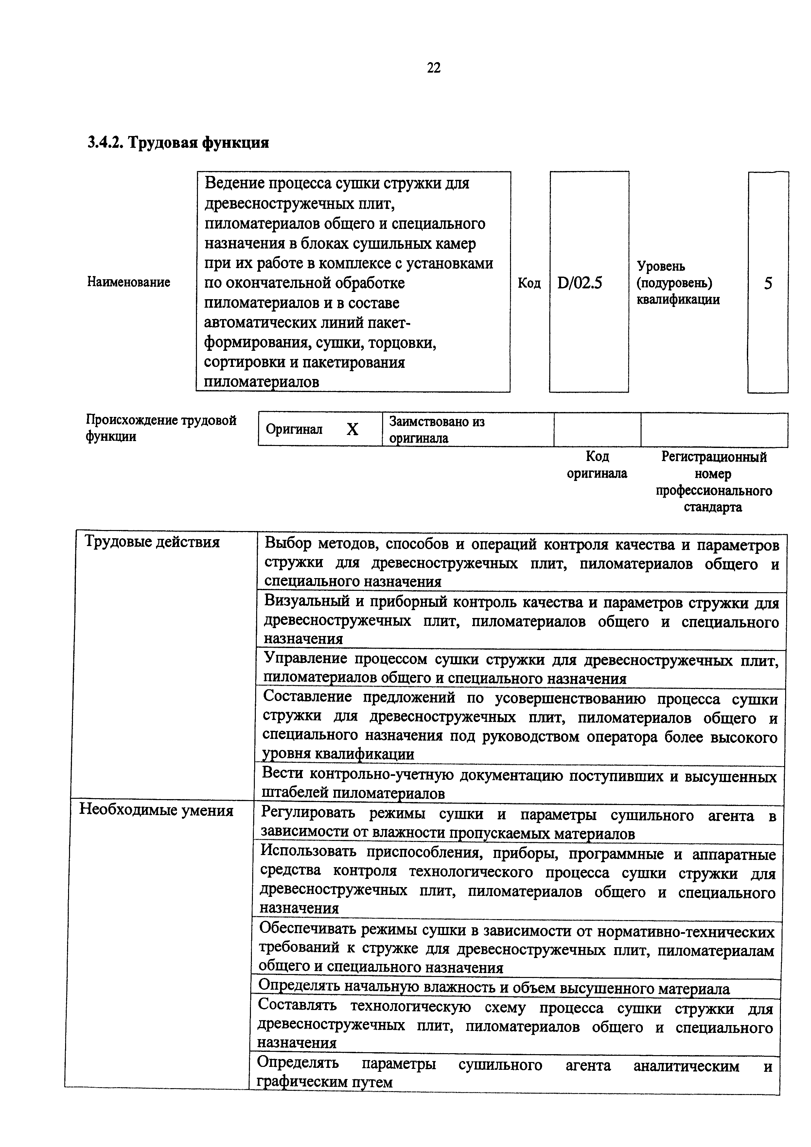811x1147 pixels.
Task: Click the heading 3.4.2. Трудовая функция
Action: [x=178, y=143]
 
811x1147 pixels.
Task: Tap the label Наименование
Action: [x=129, y=282]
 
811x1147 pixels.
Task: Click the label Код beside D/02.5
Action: [x=529, y=283]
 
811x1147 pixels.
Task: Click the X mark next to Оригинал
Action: [x=352, y=429]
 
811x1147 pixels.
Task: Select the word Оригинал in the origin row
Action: [x=294, y=429]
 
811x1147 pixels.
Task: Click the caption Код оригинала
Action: [x=597, y=465]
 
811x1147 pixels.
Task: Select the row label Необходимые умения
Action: [x=156, y=810]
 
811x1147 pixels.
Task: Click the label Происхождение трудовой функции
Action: [x=161, y=428]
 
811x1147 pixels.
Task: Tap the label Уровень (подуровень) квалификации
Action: [x=678, y=283]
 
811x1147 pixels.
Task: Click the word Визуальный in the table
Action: [x=306, y=602]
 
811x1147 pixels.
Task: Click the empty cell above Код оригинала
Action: [x=597, y=429]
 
